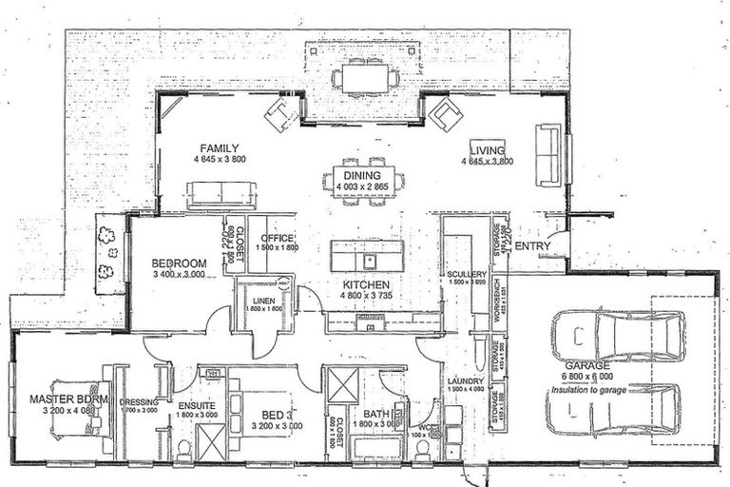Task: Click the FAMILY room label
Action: pos(218,147)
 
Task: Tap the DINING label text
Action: pos(362,176)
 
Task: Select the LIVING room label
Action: pos(487,148)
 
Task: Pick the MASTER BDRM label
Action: pos(64,399)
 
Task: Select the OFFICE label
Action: pos(279,238)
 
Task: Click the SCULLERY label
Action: pos(467,274)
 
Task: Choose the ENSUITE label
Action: pos(197,406)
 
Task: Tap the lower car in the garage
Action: pos(613,410)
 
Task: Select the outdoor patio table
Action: pos(365,77)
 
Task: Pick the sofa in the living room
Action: pos(547,155)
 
